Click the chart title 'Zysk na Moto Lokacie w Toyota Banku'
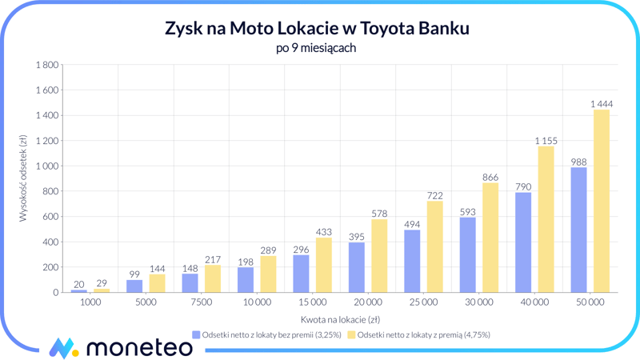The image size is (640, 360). click(x=316, y=29)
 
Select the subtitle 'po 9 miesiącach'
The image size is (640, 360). click(x=316, y=48)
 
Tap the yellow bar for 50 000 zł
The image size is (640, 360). click(x=601, y=201)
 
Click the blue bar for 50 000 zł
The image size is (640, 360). click(x=578, y=230)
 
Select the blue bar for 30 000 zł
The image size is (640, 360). click(x=467, y=254)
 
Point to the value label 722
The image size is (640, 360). click(x=434, y=195)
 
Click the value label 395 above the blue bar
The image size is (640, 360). click(x=357, y=237)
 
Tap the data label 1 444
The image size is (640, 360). click(x=601, y=104)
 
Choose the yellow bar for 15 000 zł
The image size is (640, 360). click(x=323, y=265)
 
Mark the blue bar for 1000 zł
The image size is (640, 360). click(x=78, y=291)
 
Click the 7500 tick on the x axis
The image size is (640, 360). click(x=201, y=302)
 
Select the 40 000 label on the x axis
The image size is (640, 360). click(x=534, y=302)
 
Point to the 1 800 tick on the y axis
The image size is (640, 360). click(x=45, y=65)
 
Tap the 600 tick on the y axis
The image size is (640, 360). click(x=50, y=216)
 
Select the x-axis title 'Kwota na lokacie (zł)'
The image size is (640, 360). click(x=340, y=319)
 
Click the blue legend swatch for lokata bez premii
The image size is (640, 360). click(x=196, y=335)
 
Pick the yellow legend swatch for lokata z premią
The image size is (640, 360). click(x=351, y=335)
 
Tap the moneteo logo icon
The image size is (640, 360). click(x=62, y=347)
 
